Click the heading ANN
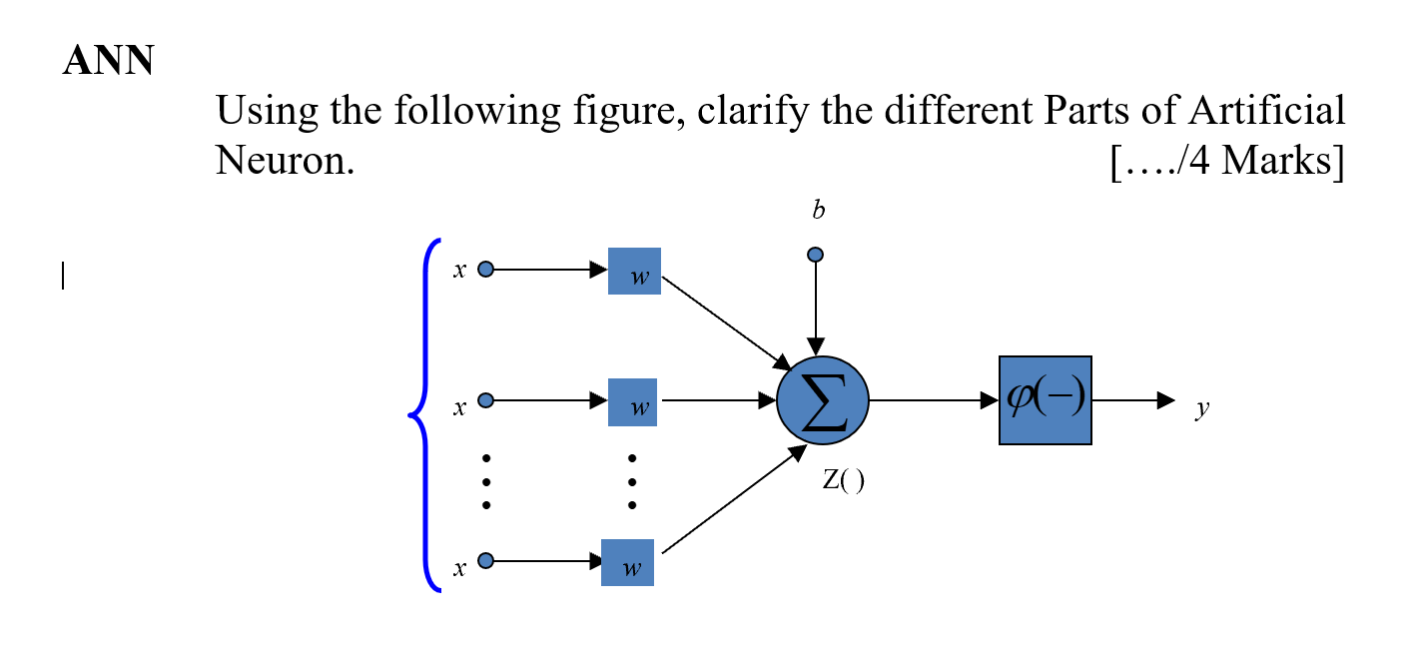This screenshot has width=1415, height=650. (108, 62)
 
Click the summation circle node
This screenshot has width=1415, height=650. (823, 400)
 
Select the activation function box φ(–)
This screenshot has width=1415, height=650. (1045, 400)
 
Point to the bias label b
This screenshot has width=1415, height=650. (818, 211)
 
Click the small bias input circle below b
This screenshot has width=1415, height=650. (816, 255)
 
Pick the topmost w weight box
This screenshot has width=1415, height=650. (634, 271)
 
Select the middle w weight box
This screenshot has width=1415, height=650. (632, 401)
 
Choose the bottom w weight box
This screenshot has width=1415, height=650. (627, 562)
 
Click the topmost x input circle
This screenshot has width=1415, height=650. (485, 270)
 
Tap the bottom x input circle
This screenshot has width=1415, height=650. (485, 561)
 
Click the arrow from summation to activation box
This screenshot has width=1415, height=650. (934, 400)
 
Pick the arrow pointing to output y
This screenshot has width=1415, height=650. (1133, 400)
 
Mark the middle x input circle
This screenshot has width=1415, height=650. (485, 400)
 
